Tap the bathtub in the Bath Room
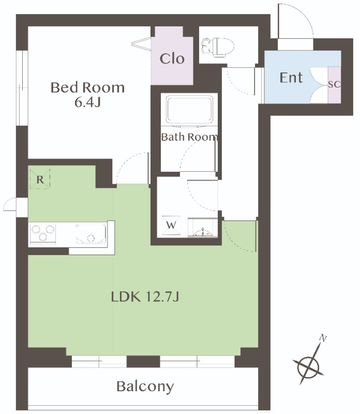[189, 110]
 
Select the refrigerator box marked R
[40, 179]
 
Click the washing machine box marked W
[171, 225]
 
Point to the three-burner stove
[43, 233]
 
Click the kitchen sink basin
[91, 234]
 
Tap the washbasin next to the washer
[202, 228]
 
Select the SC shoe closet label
[334, 84]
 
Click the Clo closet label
[172, 58]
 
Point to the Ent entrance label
[291, 78]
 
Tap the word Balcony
[145, 387]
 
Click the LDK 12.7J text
[145, 297]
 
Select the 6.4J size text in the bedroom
[87, 102]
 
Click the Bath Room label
[189, 137]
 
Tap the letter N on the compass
[323, 338]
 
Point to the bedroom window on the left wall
[22, 88]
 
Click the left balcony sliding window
[99, 361]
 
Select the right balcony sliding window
[197, 361]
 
